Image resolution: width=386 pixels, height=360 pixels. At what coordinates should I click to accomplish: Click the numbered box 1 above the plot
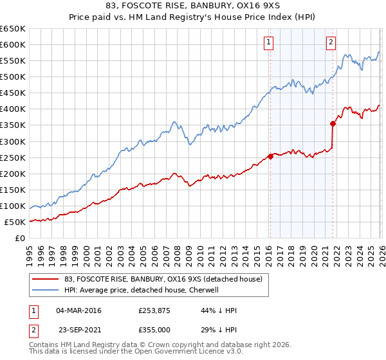pyautogui.click(x=268, y=43)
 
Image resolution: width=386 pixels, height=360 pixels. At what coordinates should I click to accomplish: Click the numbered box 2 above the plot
pyautogui.click(x=331, y=43)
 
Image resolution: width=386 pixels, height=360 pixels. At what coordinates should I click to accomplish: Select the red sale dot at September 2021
pyautogui.click(x=333, y=123)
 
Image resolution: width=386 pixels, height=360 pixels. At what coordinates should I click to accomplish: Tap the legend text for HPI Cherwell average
pyautogui.click(x=142, y=290)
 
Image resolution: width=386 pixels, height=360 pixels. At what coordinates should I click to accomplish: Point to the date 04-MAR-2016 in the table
pyautogui.click(x=78, y=310)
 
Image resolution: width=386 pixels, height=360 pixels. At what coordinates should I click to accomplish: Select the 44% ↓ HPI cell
pyautogui.click(x=219, y=310)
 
